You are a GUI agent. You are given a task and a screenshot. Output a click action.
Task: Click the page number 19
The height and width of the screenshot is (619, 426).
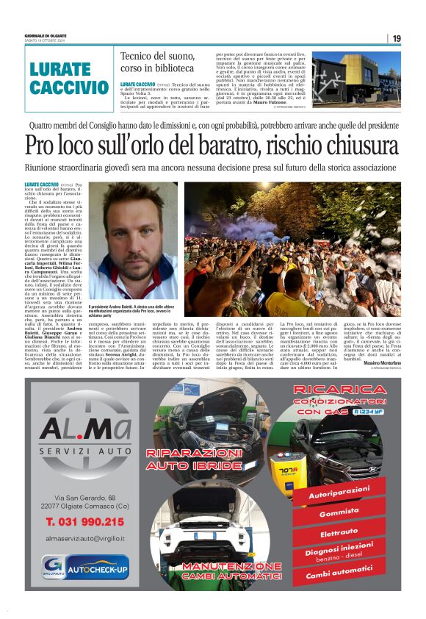[x=397, y=38]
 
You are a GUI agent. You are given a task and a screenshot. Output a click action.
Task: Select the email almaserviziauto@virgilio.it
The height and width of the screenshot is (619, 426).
[x=84, y=538]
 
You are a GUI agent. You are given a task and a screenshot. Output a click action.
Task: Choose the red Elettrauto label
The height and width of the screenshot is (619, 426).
[x=339, y=532]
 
